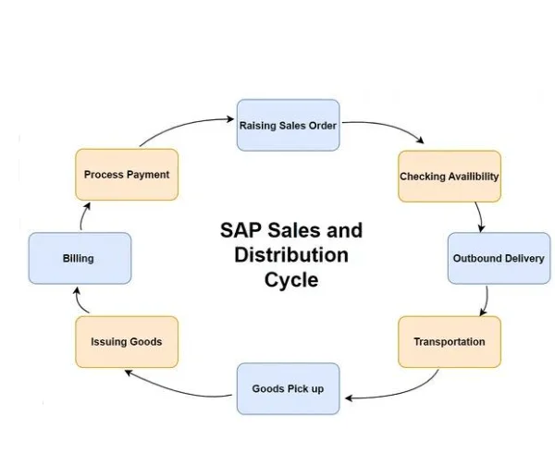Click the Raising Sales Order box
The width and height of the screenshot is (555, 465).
click(288, 125)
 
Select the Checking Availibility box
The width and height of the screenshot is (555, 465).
click(450, 177)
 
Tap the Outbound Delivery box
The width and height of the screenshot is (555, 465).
click(498, 258)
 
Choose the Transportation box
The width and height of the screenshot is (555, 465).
click(450, 342)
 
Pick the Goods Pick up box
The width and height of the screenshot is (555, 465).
click(288, 388)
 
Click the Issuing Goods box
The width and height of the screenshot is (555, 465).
click(127, 342)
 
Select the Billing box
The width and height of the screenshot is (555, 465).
click(79, 259)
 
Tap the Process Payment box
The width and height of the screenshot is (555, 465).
click(127, 175)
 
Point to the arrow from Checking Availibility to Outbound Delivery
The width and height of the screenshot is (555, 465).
click(479, 216)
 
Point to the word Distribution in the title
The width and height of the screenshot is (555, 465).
click(291, 254)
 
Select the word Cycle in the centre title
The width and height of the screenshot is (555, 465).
click(291, 278)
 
